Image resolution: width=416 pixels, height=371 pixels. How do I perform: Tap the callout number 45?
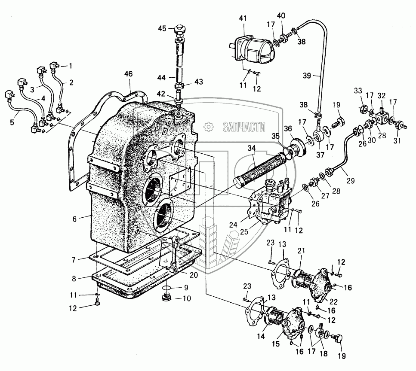tap(161, 29)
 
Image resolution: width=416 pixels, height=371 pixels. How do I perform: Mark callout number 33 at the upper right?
tap(358, 91)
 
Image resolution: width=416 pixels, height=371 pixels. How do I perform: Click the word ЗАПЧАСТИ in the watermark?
tap(244, 127)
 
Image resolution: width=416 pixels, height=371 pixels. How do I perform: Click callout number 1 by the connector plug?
tap(71, 66)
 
